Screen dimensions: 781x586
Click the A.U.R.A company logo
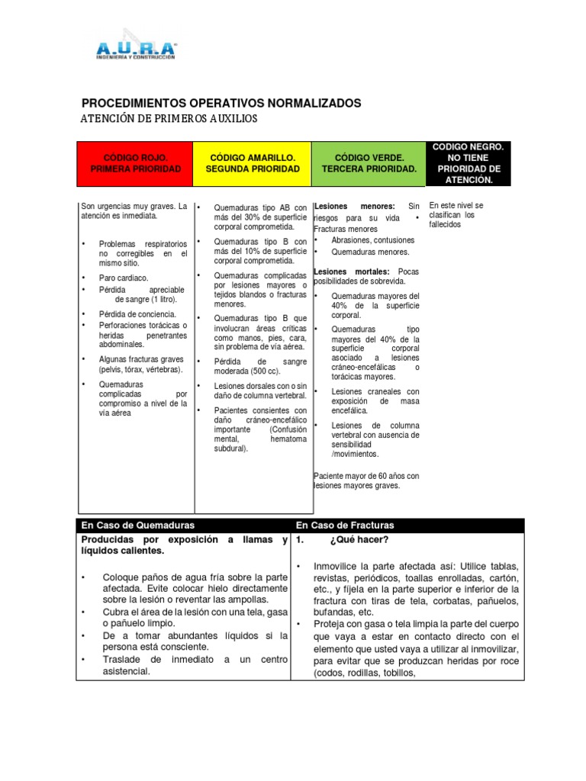pos(136,47)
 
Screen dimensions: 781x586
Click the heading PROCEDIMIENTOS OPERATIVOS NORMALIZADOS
pos(221,103)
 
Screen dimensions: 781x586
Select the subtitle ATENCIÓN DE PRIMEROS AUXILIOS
pos(169,119)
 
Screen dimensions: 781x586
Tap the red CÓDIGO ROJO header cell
pos(135,162)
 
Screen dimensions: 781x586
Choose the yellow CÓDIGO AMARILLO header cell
pos(252,162)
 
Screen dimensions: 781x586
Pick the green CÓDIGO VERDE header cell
pos(369,162)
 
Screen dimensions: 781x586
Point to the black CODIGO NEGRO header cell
pos(467,162)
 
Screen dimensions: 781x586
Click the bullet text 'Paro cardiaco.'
pos(124,278)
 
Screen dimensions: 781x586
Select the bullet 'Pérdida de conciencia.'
pos(137,314)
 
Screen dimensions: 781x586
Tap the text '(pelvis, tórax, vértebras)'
pos(140,369)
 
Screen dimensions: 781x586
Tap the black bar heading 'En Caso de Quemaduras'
pos(138,525)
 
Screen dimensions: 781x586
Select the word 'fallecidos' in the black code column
pos(445,224)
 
